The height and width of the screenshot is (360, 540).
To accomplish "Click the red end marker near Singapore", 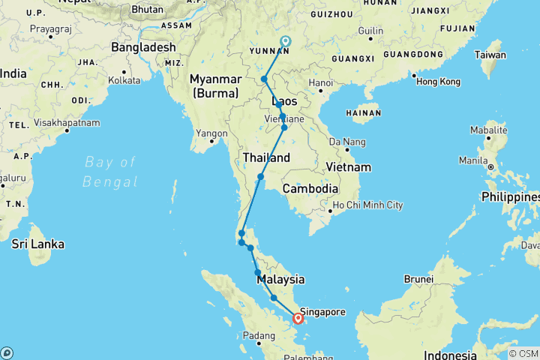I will coord(298,319).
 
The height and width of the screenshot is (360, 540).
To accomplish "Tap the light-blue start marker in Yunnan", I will coord(285,42).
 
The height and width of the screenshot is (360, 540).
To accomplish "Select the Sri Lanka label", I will coord(38,244).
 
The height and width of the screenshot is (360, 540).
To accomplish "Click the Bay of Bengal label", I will coord(110,172).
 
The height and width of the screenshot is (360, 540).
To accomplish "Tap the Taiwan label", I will coord(491,55).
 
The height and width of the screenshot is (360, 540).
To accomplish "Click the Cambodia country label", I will coord(310,189).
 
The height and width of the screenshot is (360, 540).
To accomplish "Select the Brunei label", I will coord(418,279).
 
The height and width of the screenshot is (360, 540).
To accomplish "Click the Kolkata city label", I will coord(124,79).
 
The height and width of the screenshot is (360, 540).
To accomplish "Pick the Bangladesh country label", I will coord(143,46).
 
